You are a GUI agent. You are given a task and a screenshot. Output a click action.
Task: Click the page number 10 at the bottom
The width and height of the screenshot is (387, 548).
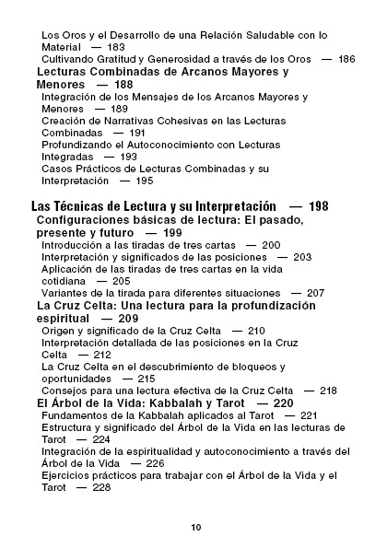[195, 527]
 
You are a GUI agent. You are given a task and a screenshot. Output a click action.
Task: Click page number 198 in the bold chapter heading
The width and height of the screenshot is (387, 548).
[319, 206]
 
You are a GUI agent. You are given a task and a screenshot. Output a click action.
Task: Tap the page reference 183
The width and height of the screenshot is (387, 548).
[116, 46]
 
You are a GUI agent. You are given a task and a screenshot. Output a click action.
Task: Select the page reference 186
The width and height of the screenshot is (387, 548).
[346, 59]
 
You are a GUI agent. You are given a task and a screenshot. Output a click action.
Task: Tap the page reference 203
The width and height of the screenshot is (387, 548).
[302, 257]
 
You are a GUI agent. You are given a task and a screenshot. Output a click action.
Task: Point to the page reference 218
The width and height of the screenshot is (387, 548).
[328, 391]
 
